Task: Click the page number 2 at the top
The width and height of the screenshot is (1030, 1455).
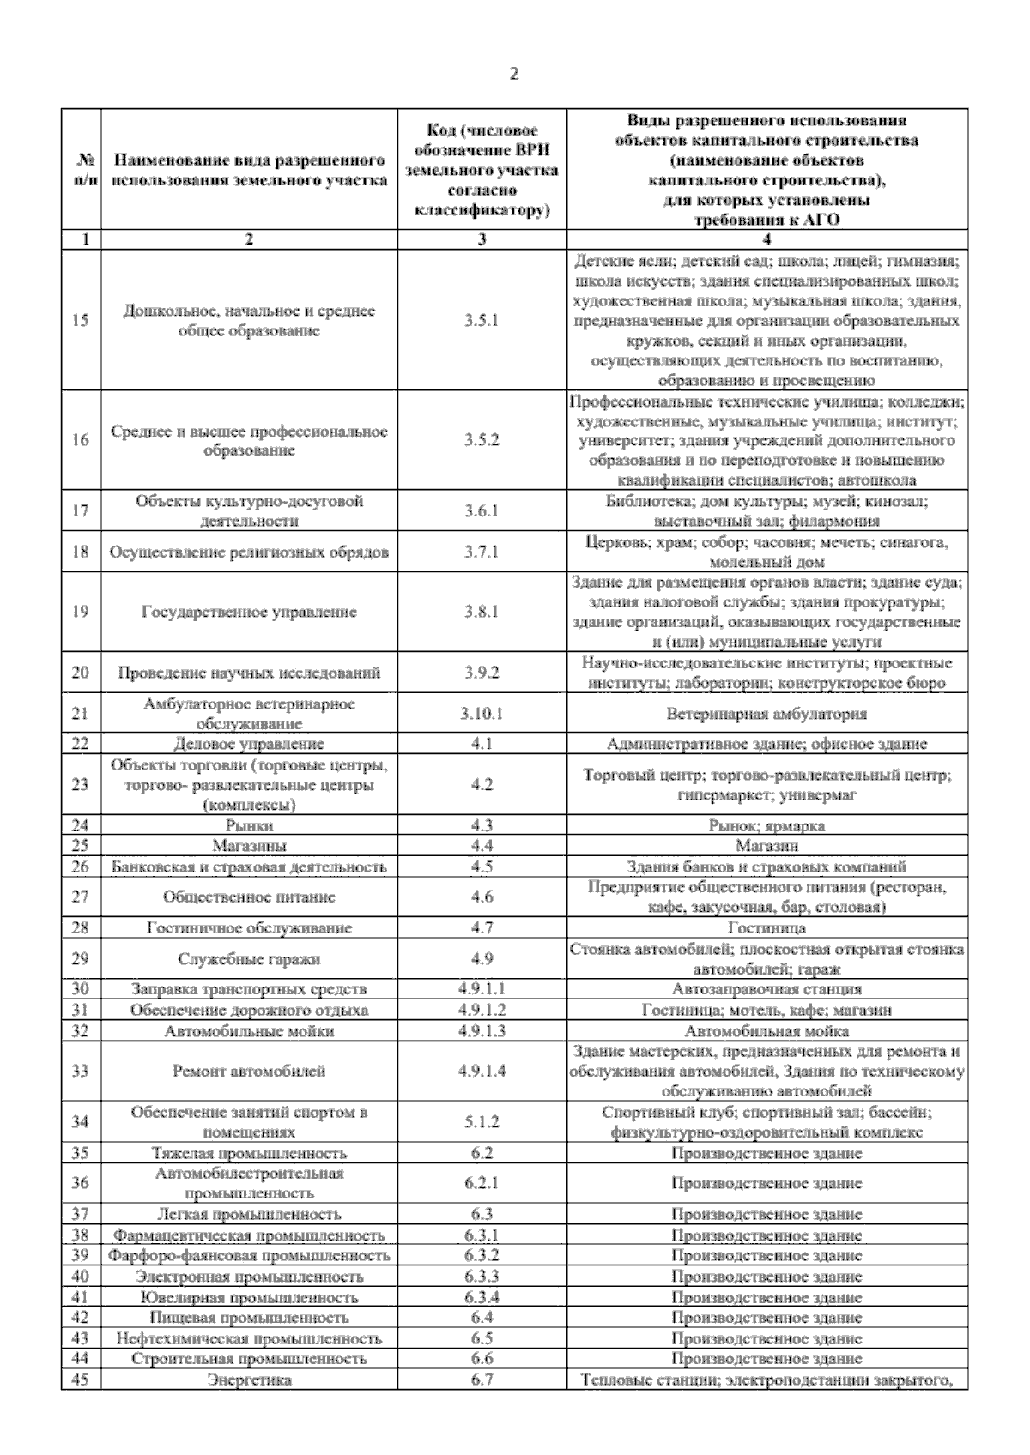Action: pyautogui.click(x=514, y=74)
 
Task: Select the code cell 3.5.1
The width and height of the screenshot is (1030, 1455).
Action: pyautogui.click(x=482, y=321)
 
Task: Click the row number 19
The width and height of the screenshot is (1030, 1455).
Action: pyautogui.click(x=81, y=612)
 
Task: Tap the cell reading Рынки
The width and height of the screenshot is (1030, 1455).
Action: pyautogui.click(x=249, y=825)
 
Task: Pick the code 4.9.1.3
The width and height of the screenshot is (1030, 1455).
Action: pyautogui.click(x=482, y=1030)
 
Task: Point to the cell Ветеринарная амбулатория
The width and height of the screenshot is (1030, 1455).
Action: pyautogui.click(x=766, y=713)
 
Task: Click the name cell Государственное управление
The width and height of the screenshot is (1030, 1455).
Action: pyautogui.click(x=249, y=612)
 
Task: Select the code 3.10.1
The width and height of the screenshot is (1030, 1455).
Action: pyautogui.click(x=482, y=713)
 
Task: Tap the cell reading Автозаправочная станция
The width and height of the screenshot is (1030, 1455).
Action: pyautogui.click(x=766, y=989)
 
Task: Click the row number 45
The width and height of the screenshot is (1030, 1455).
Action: pyautogui.click(x=81, y=1380)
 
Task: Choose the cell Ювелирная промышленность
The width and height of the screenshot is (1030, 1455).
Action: pyautogui.click(x=249, y=1297)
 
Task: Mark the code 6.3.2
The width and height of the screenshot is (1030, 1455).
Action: pyautogui.click(x=482, y=1255)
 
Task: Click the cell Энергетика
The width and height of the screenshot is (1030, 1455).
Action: pyautogui.click(x=249, y=1380)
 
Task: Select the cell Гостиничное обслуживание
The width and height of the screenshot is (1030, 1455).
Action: pyautogui.click(x=249, y=927)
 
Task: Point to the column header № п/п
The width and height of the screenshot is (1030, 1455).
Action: pyautogui.click(x=81, y=170)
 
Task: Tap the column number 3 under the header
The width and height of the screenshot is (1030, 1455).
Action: pyautogui.click(x=482, y=239)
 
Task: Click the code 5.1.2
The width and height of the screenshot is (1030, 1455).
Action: pyautogui.click(x=482, y=1121)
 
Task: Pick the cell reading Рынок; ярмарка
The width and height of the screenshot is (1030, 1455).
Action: pyautogui.click(x=766, y=825)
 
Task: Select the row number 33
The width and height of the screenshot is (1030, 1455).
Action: pyautogui.click(x=81, y=1071)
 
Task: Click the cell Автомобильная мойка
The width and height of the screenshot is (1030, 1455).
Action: pyautogui.click(x=766, y=1030)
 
